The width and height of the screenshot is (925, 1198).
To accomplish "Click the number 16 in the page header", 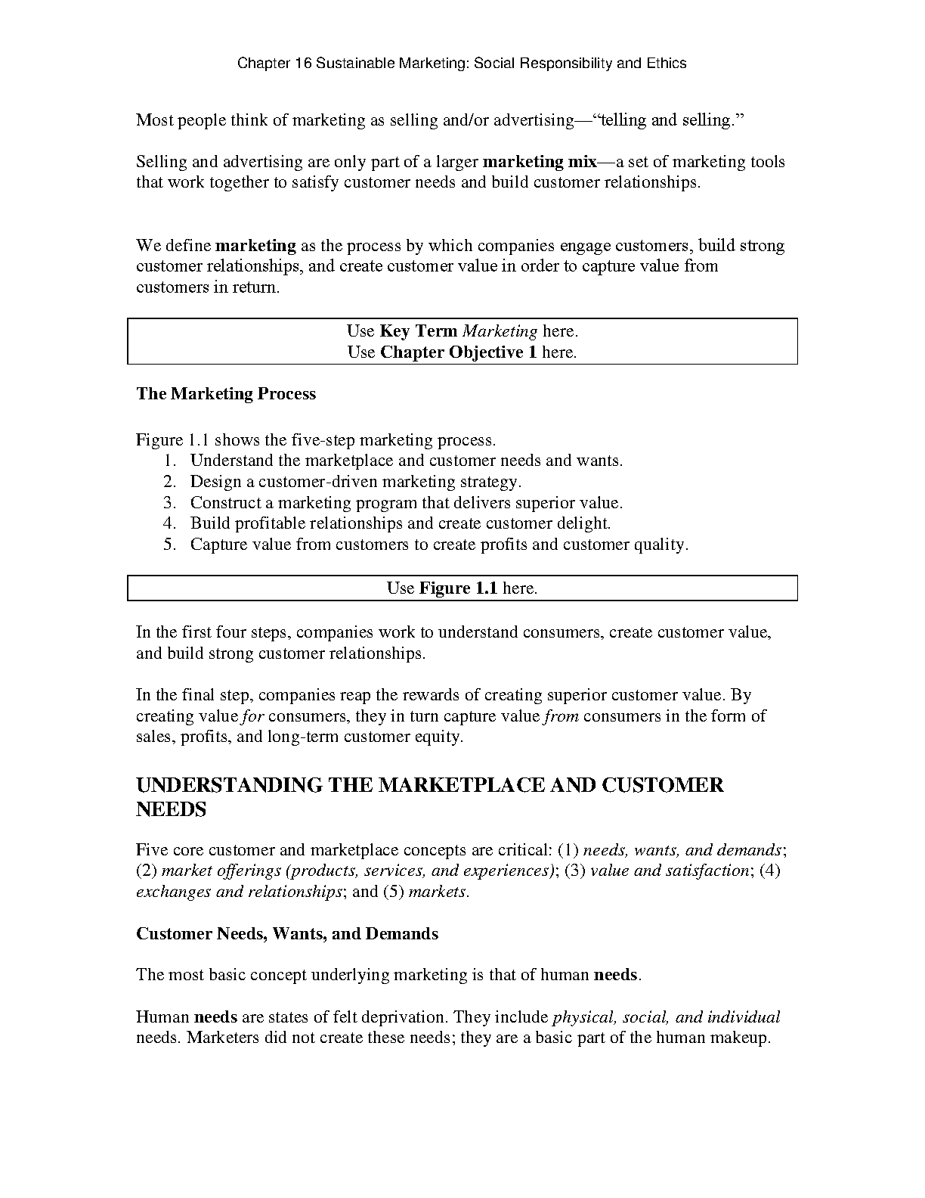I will [x=302, y=64].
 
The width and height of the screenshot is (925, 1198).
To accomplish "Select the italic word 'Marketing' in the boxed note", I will [x=500, y=331].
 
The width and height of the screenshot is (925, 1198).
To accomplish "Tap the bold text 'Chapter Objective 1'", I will [x=459, y=352].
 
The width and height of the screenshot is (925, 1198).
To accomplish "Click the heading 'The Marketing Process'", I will [x=226, y=394].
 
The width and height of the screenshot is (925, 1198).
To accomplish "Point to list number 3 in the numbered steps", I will [x=169, y=503].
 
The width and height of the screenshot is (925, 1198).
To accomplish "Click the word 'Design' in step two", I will [x=216, y=482].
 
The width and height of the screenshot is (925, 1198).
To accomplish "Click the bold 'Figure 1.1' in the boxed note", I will [x=458, y=588].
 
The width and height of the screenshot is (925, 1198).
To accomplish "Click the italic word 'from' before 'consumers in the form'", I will [x=561, y=716].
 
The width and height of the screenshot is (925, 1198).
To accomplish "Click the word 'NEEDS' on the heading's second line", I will [x=171, y=810].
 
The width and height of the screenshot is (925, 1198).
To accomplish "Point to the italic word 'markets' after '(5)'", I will [x=437, y=892].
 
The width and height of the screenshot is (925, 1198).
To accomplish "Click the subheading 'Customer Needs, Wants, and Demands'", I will [x=287, y=934].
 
